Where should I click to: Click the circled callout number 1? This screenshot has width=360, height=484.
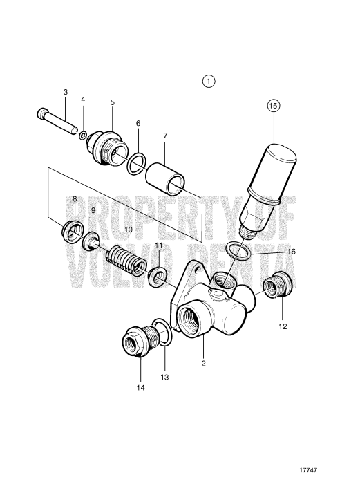209,81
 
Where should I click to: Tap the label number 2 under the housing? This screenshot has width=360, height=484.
203,362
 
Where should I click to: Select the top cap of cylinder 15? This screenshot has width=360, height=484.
278,150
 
